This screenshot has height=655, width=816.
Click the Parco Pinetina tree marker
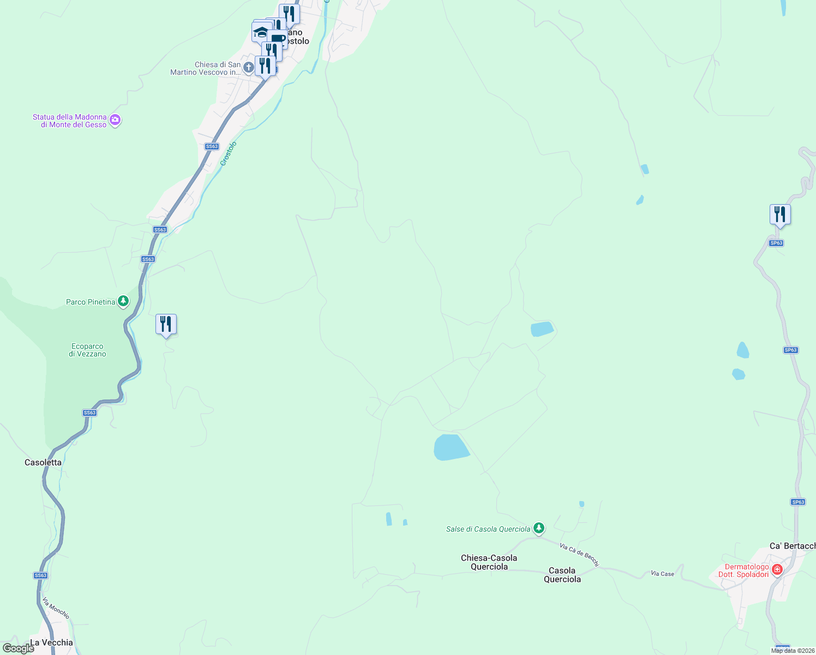pos(123,301)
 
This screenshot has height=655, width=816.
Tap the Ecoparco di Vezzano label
pos(87,350)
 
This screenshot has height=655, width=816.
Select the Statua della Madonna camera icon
pos(115,120)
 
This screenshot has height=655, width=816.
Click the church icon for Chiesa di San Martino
pos(248,68)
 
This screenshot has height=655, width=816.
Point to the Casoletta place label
pos(43,462)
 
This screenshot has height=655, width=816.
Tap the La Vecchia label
pos(51,642)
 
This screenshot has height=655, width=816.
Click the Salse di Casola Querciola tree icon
pos(539,528)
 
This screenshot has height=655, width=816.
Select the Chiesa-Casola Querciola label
pos(489,562)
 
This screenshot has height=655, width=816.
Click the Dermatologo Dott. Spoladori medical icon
pos(777,570)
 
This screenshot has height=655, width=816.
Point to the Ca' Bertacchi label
pos(792,546)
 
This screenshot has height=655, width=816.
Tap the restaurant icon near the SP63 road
pos(780,214)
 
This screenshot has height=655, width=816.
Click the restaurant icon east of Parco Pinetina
pos(166,324)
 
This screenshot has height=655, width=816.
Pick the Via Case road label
pos(662,574)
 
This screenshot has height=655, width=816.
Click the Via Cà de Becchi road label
pos(579,554)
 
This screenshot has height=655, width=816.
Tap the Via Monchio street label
pos(56,608)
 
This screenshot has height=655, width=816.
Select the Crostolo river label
pos(229,153)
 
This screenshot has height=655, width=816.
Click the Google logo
pos(18,648)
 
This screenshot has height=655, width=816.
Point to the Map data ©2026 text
pos(793,651)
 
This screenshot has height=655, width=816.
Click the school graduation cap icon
pos(261,32)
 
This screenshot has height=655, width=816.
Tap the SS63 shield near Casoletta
pos(90,413)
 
